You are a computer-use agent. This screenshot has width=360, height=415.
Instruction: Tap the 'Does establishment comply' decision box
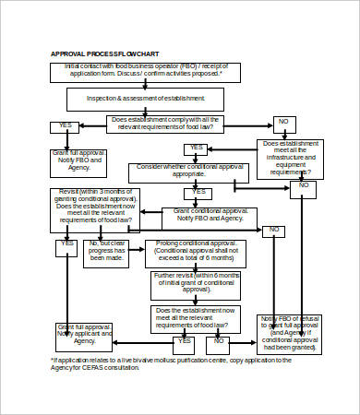177,124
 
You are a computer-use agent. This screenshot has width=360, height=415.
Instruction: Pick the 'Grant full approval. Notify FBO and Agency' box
78,159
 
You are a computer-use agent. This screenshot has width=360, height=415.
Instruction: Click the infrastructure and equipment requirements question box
290,158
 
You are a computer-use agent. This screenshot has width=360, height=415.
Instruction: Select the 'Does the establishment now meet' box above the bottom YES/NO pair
196,318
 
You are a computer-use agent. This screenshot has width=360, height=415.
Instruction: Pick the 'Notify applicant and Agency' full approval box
85,335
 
